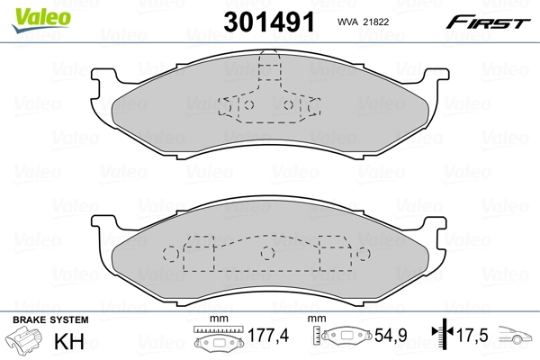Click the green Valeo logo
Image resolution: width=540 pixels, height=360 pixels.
pyautogui.click(x=41, y=20)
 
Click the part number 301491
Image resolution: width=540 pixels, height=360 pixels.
pyautogui.click(x=269, y=22)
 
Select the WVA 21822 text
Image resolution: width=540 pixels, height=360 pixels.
pyautogui.click(x=363, y=22)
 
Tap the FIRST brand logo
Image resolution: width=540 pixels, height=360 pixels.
pyautogui.click(x=488, y=22)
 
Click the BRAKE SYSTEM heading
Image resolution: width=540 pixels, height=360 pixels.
pyautogui.click(x=50, y=319)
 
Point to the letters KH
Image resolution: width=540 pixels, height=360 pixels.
pyautogui.click(x=69, y=341)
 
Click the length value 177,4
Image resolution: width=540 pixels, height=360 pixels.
pyautogui.click(x=268, y=335)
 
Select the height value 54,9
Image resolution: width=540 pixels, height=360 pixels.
pyautogui.click(x=391, y=335)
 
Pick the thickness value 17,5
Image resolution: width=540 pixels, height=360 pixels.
pyautogui.click(x=472, y=335)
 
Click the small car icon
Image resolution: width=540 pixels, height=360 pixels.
pyautogui.click(x=515, y=335)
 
